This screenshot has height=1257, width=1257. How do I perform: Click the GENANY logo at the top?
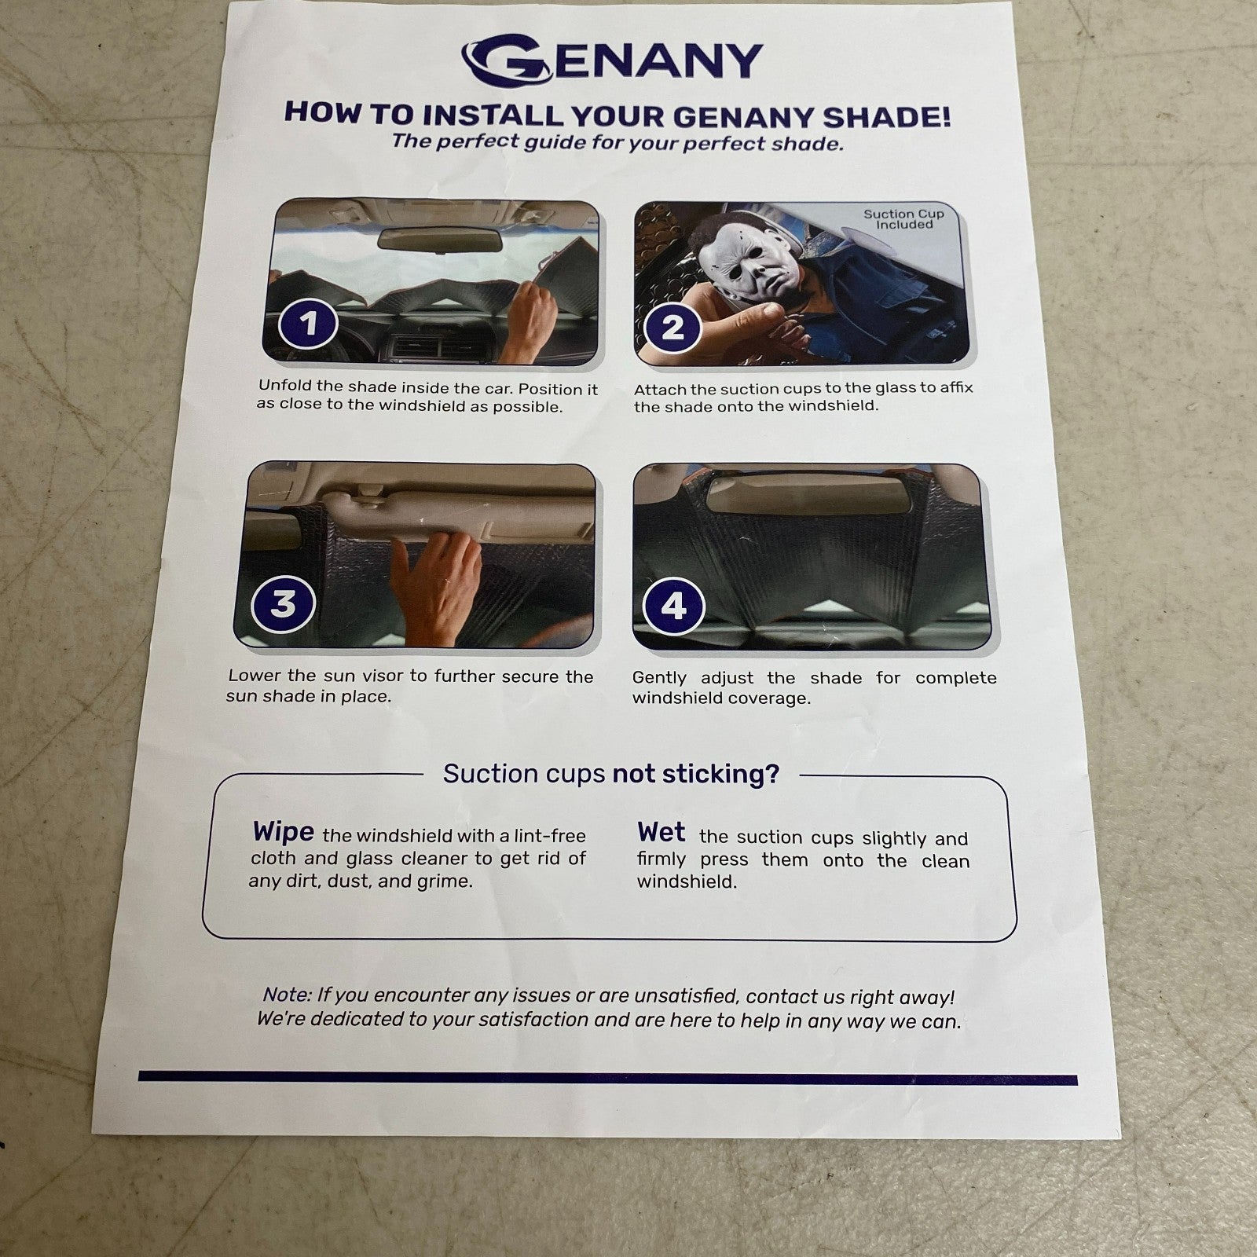(x=611, y=60)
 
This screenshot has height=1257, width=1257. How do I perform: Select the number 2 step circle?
(x=672, y=328)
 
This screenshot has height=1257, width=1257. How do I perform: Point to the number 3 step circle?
(x=283, y=604)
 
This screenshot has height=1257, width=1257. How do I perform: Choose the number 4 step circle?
(x=673, y=607)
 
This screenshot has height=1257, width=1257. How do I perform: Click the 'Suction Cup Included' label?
(x=903, y=219)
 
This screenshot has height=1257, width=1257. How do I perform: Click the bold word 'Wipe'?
(x=284, y=832)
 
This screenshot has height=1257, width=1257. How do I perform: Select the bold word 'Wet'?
(x=661, y=832)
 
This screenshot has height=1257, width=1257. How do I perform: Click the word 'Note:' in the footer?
(x=287, y=995)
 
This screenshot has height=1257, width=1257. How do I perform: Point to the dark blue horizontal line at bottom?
(x=608, y=1078)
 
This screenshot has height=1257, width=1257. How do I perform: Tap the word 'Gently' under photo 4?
(x=659, y=679)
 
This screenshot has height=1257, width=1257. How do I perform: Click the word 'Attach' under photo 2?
(x=660, y=389)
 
